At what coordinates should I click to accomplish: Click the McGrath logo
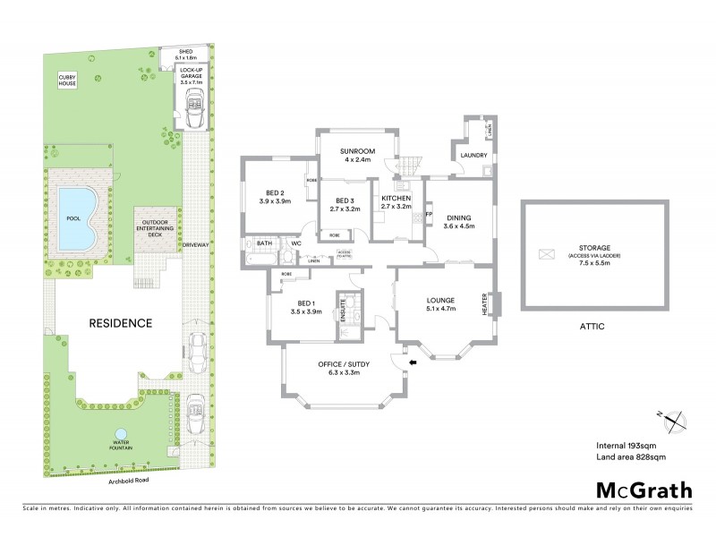point(644,490)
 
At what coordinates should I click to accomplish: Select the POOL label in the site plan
point(73,217)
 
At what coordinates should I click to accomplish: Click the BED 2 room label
point(275,192)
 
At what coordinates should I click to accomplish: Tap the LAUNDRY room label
point(473,155)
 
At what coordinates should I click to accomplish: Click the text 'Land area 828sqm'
point(631,457)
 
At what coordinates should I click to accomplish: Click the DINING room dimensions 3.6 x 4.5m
point(458,226)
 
